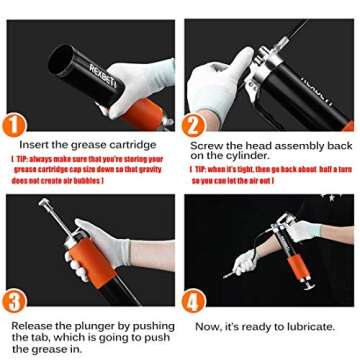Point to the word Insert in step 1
36,146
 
